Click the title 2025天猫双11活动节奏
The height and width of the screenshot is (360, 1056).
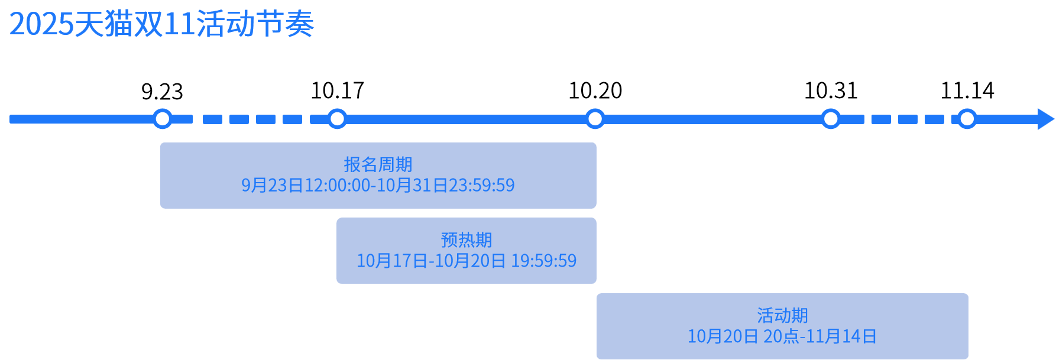(x=161, y=24)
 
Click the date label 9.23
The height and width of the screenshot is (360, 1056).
(x=162, y=92)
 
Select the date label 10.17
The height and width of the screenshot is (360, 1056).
(x=337, y=91)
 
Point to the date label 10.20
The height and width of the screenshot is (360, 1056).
(x=595, y=91)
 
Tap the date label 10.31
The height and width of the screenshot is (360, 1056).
(x=830, y=91)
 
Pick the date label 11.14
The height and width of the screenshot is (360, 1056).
(x=967, y=91)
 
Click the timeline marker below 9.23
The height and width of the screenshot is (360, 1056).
(x=162, y=119)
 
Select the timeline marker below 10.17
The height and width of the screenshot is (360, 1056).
(x=337, y=119)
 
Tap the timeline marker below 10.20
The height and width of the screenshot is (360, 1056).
(x=595, y=119)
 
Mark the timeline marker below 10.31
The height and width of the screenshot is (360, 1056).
(x=830, y=119)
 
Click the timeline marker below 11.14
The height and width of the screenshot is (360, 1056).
(x=967, y=119)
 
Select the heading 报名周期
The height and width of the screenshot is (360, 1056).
(x=378, y=164)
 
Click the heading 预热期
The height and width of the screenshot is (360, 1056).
(x=466, y=240)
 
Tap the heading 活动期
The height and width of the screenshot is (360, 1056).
(x=782, y=315)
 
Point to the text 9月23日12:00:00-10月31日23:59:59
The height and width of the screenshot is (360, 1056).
(x=378, y=186)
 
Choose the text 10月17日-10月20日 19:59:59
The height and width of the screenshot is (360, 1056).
(x=466, y=261)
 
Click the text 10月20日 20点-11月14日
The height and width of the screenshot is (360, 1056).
(x=782, y=336)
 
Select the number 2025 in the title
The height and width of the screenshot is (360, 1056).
(x=41, y=25)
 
